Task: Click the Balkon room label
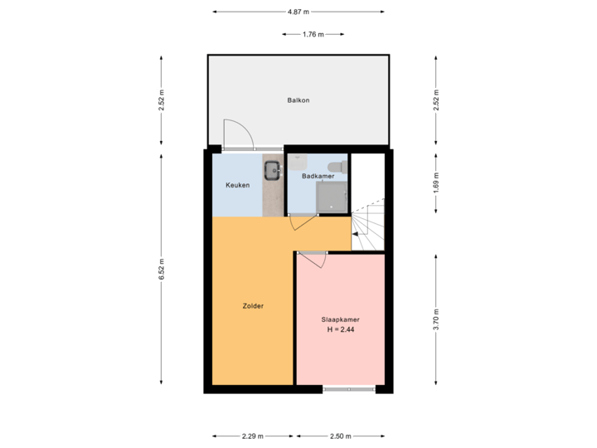[x=298, y=100]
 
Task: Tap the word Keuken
[x=237, y=185]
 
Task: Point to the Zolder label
[x=253, y=306]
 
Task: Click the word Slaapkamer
[x=340, y=320]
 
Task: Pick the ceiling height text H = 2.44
[x=340, y=331]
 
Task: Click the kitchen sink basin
[x=273, y=171]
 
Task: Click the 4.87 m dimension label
[x=298, y=12]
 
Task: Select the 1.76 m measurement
[x=312, y=35]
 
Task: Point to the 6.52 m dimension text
[x=163, y=270]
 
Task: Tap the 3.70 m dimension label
[x=436, y=319]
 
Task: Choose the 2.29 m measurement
[x=252, y=436]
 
